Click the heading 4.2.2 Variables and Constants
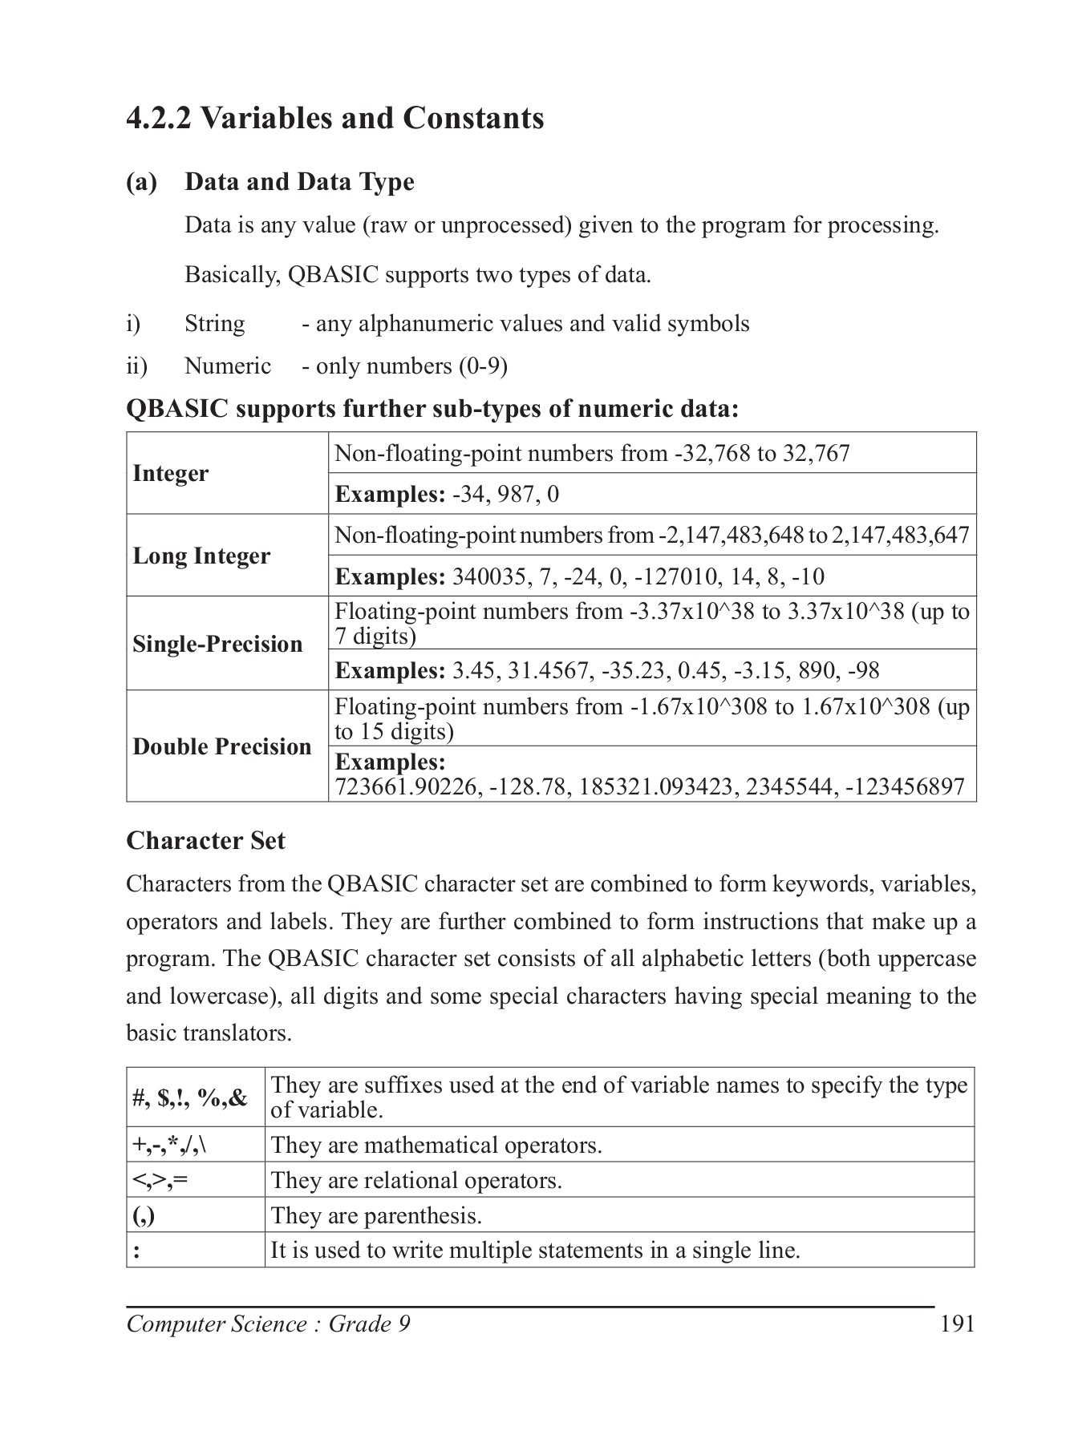point(335,119)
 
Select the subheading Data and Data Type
point(299,182)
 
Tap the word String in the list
point(214,324)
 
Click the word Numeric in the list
point(228,366)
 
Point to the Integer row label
point(170,474)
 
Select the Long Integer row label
point(201,556)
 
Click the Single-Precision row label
point(217,644)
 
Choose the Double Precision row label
point(221,746)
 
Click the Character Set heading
point(205,841)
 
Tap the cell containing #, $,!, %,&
point(190,1097)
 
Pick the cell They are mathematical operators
point(436,1145)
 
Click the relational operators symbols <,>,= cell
point(160,1180)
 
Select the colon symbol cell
point(137,1251)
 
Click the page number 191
point(957,1324)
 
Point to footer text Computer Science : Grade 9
point(268,1324)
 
